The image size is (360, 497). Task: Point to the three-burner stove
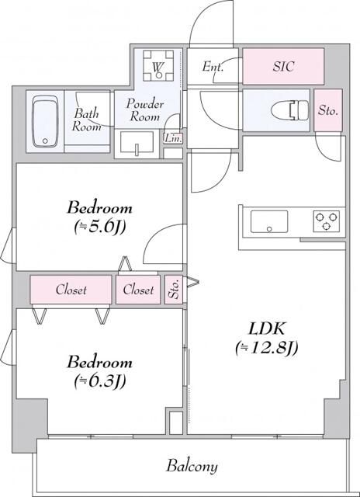(x=327, y=221)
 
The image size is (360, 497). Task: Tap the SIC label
(x=282, y=68)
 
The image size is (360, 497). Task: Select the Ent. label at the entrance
(x=213, y=68)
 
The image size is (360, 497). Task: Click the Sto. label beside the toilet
(x=328, y=110)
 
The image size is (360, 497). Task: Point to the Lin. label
(x=171, y=138)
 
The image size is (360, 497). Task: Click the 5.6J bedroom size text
(x=99, y=227)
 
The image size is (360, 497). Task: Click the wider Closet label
(x=71, y=290)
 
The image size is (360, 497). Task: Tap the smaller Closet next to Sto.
(x=138, y=290)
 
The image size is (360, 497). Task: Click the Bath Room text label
(x=87, y=120)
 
